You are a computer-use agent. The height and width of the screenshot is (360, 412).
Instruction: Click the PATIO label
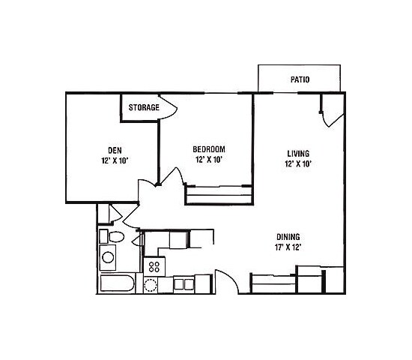300,79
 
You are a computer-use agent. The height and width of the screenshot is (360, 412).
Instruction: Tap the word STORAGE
143,108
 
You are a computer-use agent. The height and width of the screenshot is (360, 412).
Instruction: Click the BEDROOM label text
208,148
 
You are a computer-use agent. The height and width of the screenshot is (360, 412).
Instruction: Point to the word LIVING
298,152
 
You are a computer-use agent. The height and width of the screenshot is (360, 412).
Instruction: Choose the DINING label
288,235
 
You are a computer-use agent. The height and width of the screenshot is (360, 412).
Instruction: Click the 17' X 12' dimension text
288,246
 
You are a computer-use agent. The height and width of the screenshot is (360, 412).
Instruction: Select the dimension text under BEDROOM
208,160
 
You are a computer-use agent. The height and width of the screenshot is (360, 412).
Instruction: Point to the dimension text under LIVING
298,163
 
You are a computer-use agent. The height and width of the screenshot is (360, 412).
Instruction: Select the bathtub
117,285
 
